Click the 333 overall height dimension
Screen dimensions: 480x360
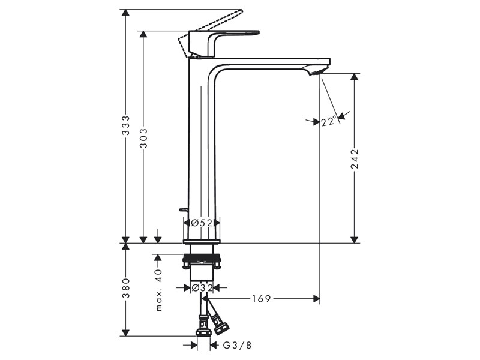[x=126, y=125]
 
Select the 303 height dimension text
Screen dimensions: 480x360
[x=143, y=138]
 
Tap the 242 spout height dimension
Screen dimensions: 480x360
[x=355, y=159]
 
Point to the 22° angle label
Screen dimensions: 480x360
[x=329, y=121]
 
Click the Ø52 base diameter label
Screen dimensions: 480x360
[x=201, y=223]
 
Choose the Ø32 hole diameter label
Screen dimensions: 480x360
[x=202, y=287]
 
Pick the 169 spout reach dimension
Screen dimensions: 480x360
[x=261, y=298]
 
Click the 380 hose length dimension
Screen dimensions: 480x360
[x=126, y=289]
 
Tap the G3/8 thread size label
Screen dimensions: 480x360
[x=237, y=346]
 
